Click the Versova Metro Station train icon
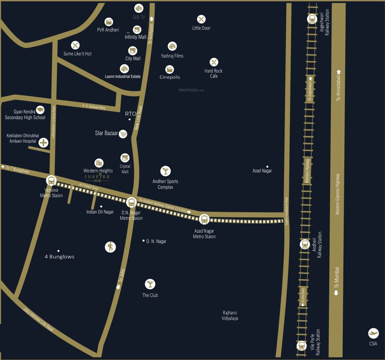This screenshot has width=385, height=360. (51, 180)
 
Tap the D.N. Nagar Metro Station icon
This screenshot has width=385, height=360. (131, 202)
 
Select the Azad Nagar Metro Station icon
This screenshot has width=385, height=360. (204, 219)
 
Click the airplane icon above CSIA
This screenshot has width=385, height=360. (373, 333)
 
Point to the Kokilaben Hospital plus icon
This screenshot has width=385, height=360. (44, 142)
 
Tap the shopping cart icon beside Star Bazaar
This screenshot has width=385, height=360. (123, 134)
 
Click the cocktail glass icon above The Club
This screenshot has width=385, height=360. (150, 284)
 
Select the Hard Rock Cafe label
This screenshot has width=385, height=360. (214, 74)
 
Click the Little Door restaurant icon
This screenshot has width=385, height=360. (201, 19)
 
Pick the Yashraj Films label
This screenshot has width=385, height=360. (172, 56)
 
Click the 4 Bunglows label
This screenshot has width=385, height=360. (59, 257)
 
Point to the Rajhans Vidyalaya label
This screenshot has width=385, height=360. (230, 315)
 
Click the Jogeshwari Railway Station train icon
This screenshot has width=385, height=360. (311, 19)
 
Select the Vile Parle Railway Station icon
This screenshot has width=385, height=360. (302, 346)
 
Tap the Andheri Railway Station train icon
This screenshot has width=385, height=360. (304, 244)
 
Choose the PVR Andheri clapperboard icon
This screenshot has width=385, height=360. (109, 21)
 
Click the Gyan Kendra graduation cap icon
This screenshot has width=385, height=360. (40, 109)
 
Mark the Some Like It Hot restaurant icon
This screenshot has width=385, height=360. (75, 45)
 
